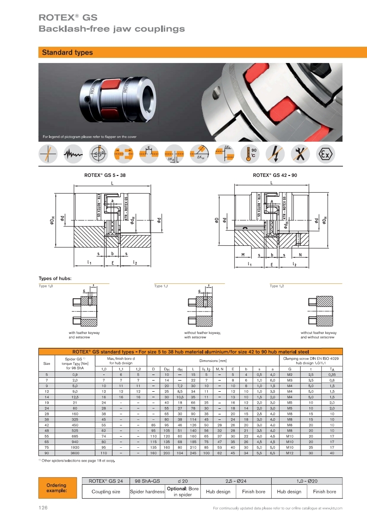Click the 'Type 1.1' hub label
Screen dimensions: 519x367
[161, 286]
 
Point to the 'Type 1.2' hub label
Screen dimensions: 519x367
[277, 286]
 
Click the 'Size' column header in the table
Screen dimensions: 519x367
[47, 363]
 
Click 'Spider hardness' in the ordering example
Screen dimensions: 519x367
[147, 492]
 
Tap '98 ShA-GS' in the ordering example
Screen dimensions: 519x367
[147, 481]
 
